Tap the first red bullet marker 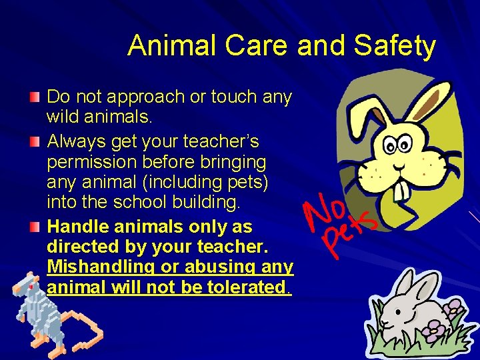click(35, 97)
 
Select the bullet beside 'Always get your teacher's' click(35, 142)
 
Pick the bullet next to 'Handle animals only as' click(35, 227)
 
